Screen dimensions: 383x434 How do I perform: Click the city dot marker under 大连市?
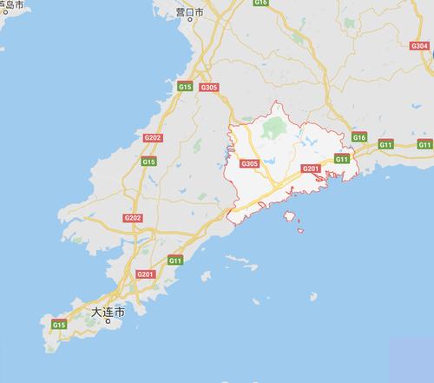pos(108,320)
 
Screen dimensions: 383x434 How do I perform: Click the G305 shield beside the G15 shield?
pos(208,89)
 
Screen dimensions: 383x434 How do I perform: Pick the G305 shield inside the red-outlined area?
pos(249,164)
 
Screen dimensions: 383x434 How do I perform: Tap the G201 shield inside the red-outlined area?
pos(311,168)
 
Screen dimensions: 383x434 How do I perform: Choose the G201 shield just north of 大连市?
pos(145,275)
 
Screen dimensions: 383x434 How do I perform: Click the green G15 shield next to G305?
pos(185,87)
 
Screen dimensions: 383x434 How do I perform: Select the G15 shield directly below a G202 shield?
pos(148,162)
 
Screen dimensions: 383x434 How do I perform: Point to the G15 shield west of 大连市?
pos(58,324)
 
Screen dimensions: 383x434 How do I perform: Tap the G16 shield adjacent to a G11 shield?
pos(360,138)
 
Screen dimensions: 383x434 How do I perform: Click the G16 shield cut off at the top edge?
pos(261,3)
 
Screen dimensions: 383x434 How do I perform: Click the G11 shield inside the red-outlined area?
pos(342,159)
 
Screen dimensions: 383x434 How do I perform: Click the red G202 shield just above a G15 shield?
pos(153,138)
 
